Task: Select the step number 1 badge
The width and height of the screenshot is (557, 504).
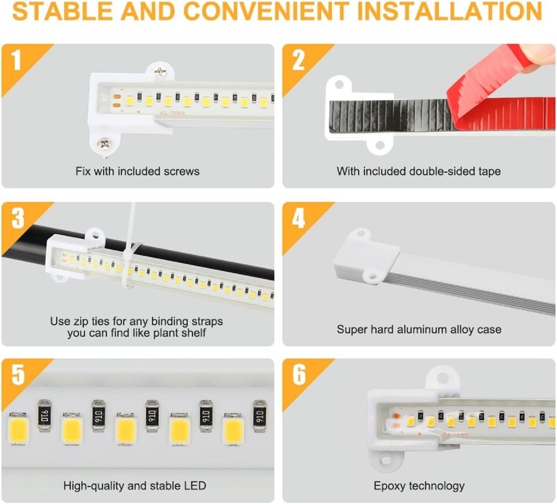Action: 16,60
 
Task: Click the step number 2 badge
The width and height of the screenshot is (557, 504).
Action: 298,60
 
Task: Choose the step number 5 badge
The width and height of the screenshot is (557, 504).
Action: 18,374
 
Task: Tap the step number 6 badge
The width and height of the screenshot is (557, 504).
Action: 299,374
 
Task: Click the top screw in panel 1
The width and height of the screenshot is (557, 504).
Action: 160,71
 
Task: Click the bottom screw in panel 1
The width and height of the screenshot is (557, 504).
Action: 104,144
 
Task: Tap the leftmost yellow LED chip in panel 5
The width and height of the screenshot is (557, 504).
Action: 18,429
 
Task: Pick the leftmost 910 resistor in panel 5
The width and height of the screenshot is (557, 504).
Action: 45,416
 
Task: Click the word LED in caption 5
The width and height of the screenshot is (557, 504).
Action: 195,486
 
